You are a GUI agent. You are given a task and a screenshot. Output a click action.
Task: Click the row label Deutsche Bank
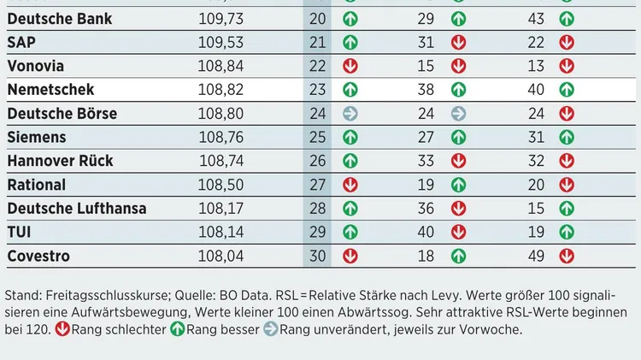point(59,18)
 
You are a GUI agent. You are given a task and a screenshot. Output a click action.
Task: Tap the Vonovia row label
point(35,66)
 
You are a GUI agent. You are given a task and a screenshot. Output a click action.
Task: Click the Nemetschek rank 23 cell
point(318,89)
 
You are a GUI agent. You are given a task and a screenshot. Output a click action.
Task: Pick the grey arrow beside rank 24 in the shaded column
point(350,113)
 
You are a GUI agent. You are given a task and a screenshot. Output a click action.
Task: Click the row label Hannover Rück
point(60,161)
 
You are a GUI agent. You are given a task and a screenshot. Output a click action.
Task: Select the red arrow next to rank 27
point(350,185)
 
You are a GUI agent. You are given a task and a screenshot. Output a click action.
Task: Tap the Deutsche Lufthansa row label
point(76,209)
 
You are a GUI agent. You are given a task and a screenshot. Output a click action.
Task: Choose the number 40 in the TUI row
point(426,232)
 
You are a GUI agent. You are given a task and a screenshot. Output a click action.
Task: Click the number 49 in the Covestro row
point(537,256)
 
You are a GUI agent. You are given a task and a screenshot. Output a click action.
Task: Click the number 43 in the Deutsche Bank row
point(537,18)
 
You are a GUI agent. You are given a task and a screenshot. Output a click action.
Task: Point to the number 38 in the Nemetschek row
point(426,89)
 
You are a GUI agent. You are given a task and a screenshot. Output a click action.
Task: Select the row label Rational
point(36,185)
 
